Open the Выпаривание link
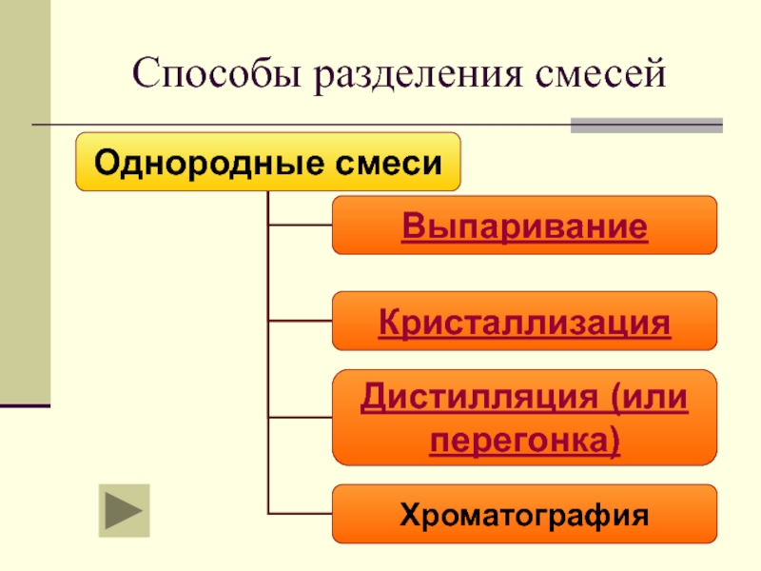(x=524, y=226)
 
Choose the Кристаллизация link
(x=524, y=322)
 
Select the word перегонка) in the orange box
(x=524, y=440)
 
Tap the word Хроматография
(x=524, y=516)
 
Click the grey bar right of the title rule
(x=646, y=126)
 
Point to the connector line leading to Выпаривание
(x=301, y=226)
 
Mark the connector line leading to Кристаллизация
(x=301, y=321)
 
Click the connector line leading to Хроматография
(x=301, y=513)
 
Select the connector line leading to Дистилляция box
(x=301, y=417)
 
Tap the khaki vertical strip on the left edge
(x=25, y=200)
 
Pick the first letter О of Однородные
(x=105, y=162)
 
